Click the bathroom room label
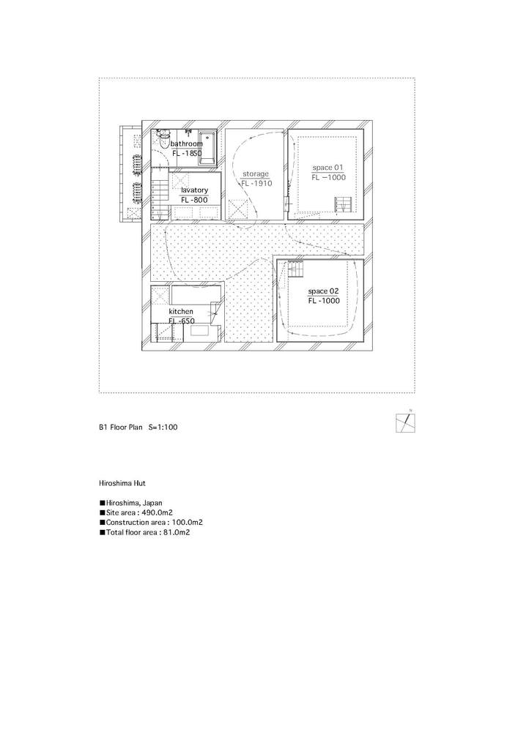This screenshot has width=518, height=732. pos(186,143)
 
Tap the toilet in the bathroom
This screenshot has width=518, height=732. pos(163,138)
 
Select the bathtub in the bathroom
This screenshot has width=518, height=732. pos(207,148)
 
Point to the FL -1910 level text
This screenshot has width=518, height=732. pos(256,184)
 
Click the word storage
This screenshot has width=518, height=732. pos(256,174)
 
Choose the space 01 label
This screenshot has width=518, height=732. pos(328,168)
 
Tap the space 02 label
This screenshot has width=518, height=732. pos(323,291)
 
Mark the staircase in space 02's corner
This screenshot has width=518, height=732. pos(295,269)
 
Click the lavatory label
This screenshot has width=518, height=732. pos(195,190)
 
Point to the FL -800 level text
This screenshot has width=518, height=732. pos(194,201)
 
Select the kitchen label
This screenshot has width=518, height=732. pos(181,311)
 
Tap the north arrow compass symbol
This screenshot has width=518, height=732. pos(405,422)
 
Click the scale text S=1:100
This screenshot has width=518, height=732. pos(163,427)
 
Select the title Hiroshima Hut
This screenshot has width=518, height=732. pos(122,483)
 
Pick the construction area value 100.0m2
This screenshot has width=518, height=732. pos(185,523)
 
